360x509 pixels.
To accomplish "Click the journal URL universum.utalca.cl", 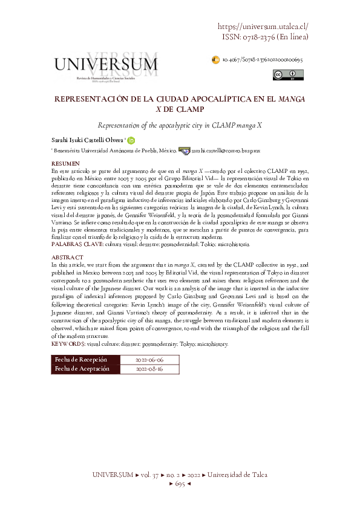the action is (262, 27).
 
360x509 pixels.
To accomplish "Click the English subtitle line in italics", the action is (180, 124).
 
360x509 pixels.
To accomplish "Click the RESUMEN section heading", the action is (65, 164).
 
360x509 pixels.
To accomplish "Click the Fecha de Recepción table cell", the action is (82, 359).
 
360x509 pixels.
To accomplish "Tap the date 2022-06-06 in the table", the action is (149, 359).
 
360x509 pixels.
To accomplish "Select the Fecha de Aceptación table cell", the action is (82, 368).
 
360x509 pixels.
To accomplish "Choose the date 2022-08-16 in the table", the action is (149, 368).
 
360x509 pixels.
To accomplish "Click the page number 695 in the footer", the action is (179, 484).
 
